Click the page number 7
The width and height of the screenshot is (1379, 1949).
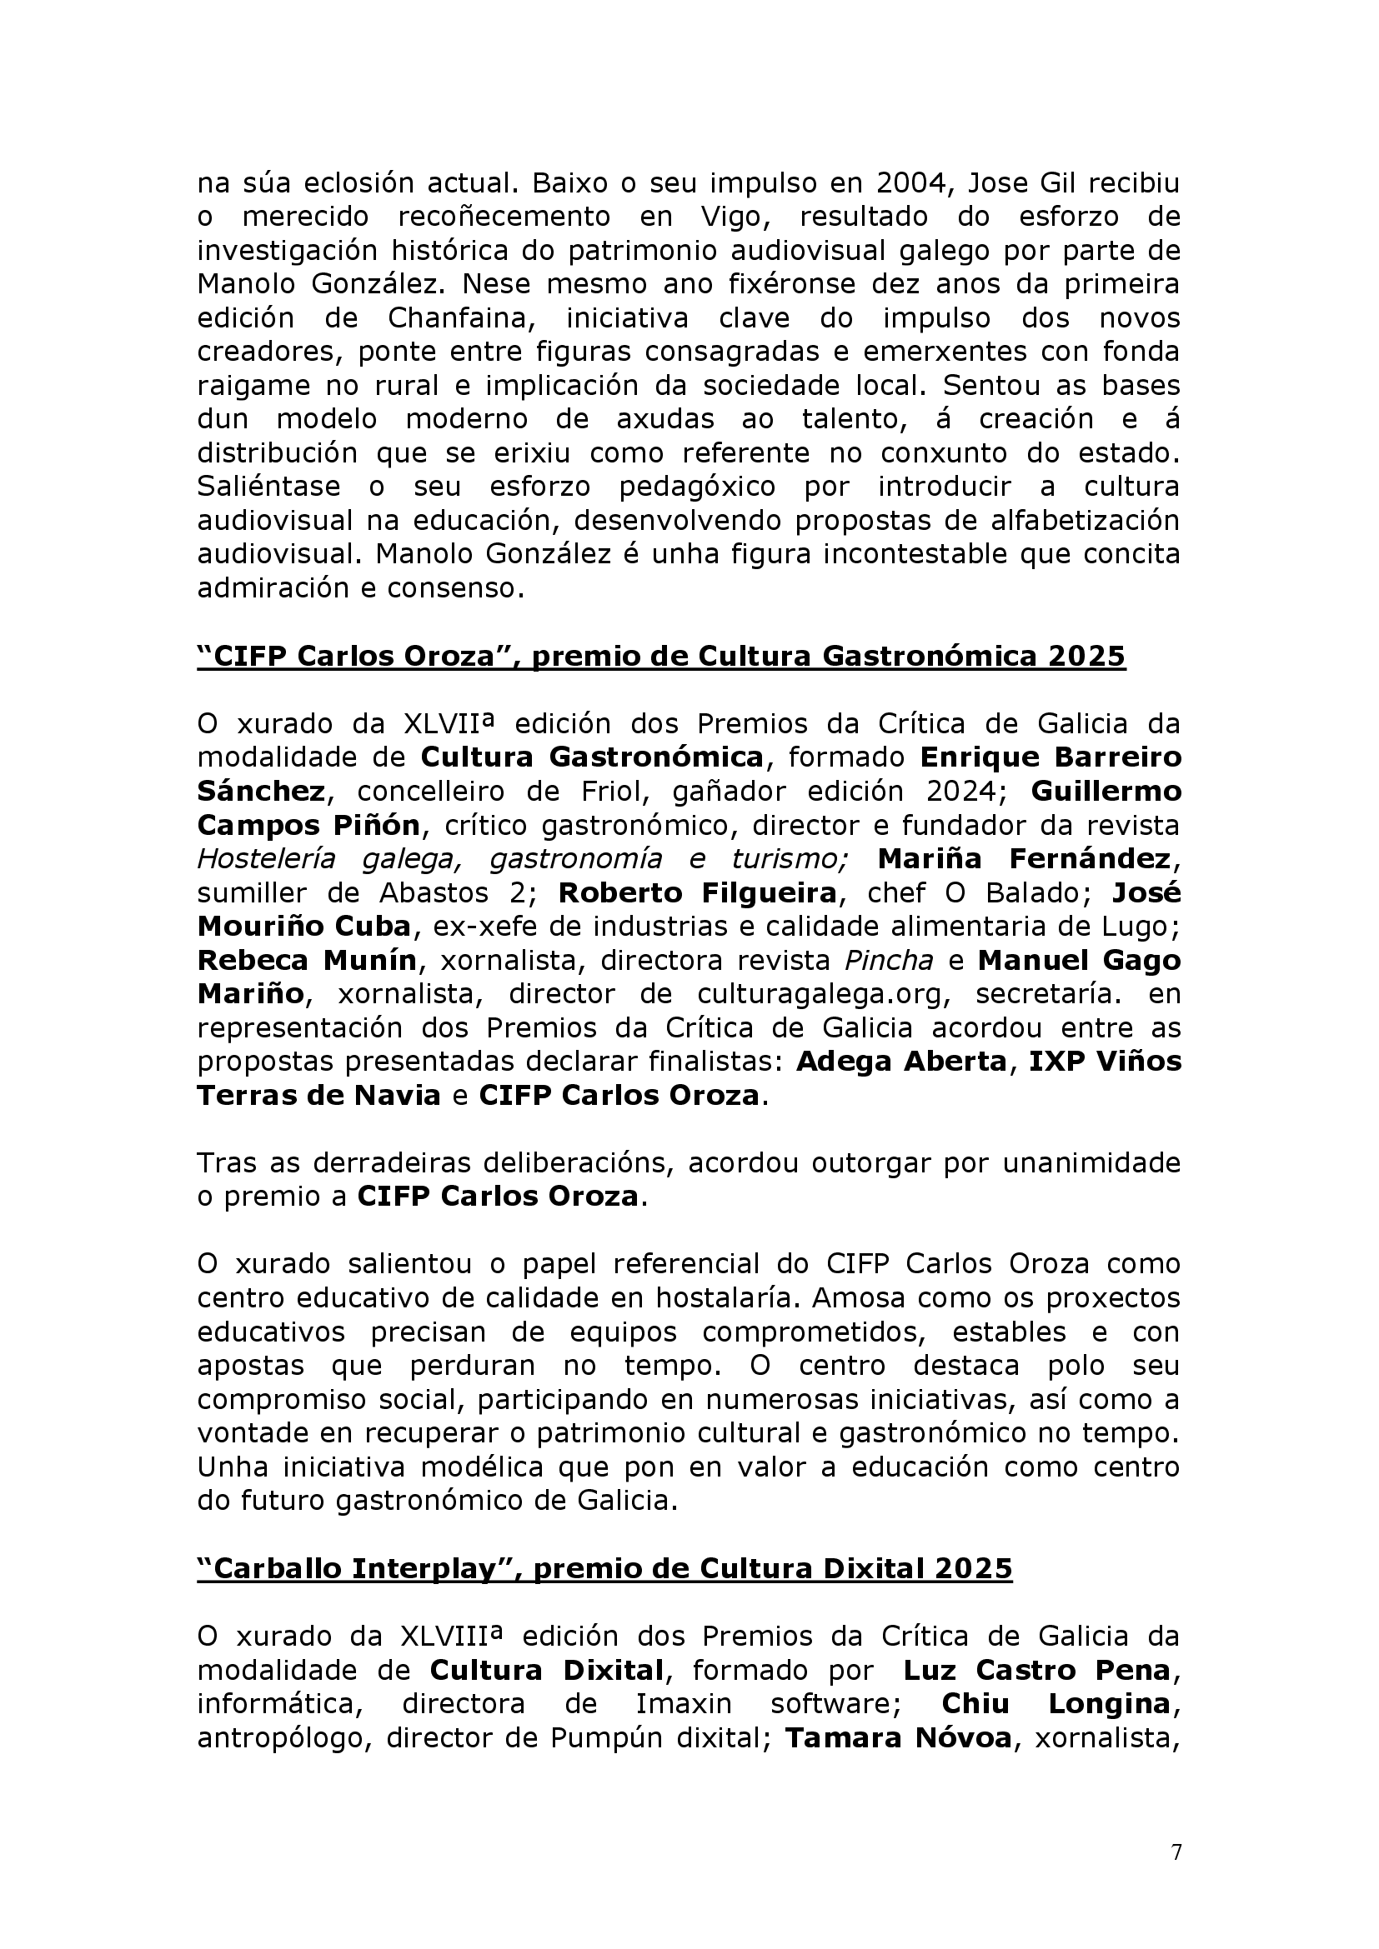coord(1176,1852)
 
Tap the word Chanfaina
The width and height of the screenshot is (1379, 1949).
coord(461,317)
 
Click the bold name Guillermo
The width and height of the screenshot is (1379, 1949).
coord(1106,791)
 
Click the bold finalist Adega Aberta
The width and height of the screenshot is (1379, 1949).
coord(901,1062)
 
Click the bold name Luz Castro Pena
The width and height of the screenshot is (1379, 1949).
coord(1037,1670)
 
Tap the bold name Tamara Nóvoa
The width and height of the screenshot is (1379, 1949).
coord(899,1737)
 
